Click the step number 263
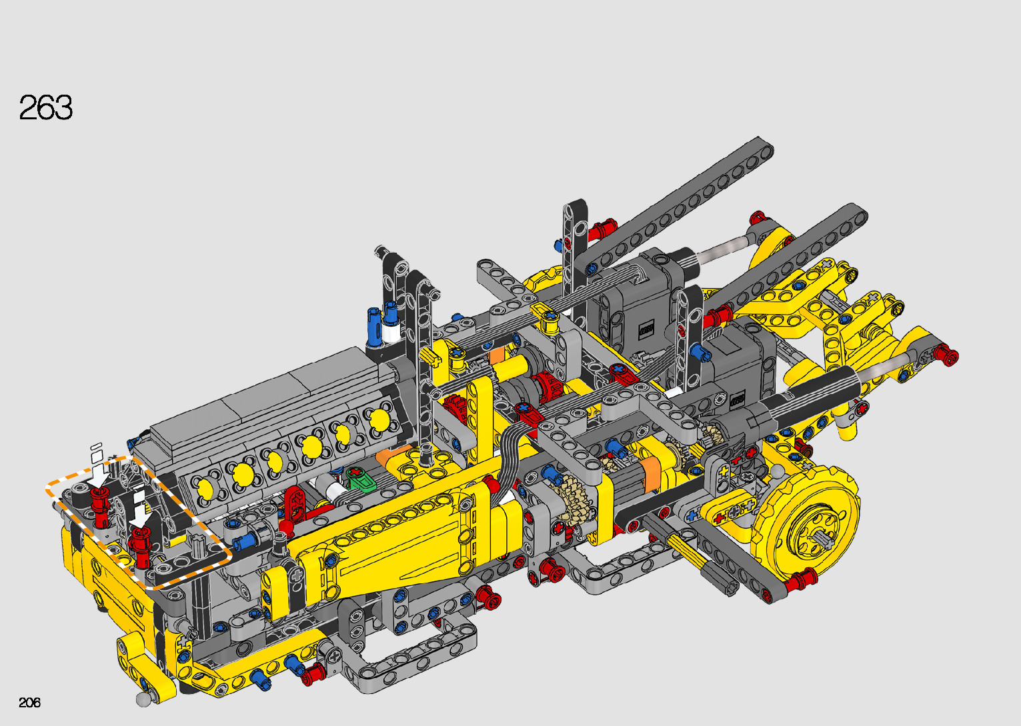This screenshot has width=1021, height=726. [45, 107]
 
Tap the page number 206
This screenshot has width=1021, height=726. [29, 702]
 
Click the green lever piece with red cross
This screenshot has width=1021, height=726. [361, 479]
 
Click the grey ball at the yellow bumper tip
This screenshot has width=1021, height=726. [143, 699]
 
